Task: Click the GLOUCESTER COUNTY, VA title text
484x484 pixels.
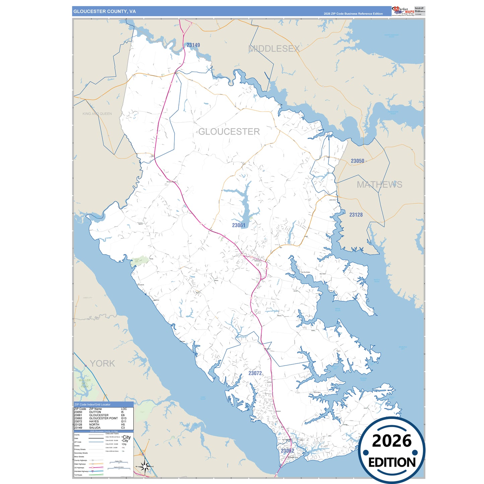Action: coord(105,11)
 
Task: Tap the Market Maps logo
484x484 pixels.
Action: coord(403,11)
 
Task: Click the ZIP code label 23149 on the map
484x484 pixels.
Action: coord(193,45)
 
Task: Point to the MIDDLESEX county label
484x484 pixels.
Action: coord(274,49)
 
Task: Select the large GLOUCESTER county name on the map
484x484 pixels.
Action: coord(229,132)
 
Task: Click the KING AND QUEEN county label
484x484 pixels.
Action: coord(97,114)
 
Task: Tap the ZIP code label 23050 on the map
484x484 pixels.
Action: coord(357,161)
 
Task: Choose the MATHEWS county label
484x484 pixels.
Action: coord(379,185)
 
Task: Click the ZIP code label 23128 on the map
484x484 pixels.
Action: coord(356,215)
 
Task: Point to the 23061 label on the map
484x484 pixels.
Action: coord(239,225)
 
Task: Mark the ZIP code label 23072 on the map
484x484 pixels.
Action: coord(255,373)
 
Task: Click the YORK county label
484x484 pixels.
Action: coord(102,363)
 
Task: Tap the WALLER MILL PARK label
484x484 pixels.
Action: coord(85,384)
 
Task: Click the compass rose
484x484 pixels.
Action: coord(145,467)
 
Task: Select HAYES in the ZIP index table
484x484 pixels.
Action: coord(94,421)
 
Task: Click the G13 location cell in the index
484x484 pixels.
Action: coord(124,418)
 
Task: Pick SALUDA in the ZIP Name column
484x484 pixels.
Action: coord(95,428)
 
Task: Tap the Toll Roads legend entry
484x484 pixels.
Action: coord(78,475)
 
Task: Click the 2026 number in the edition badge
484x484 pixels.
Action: coord(392,441)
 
